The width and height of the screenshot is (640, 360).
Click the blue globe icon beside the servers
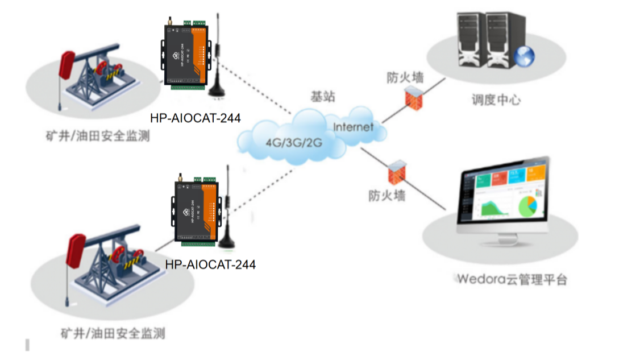click(x=523, y=56)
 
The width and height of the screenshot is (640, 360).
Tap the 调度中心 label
click(x=496, y=100)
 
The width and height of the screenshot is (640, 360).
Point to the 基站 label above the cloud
click(x=322, y=97)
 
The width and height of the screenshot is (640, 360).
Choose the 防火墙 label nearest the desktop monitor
click(x=387, y=196)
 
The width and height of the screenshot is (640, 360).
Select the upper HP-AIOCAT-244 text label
click(x=195, y=118)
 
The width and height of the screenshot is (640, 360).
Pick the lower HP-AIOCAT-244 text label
click(x=210, y=264)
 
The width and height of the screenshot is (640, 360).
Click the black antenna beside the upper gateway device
click(x=216, y=63)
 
